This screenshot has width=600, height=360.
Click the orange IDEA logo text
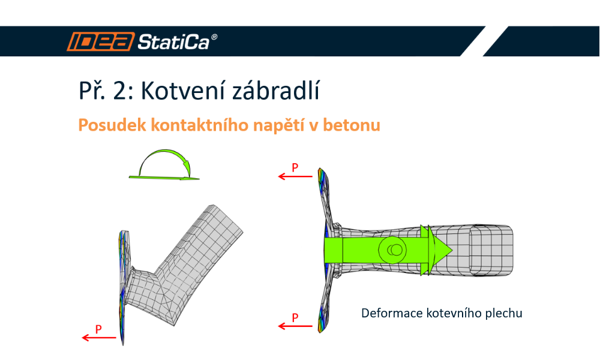[x=100, y=41]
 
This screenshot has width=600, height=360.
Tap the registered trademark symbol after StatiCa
[x=214, y=37]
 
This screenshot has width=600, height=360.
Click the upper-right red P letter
[x=295, y=167]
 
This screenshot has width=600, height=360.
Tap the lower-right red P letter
[x=295, y=317]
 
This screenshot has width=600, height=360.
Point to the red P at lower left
[x=99, y=329]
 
